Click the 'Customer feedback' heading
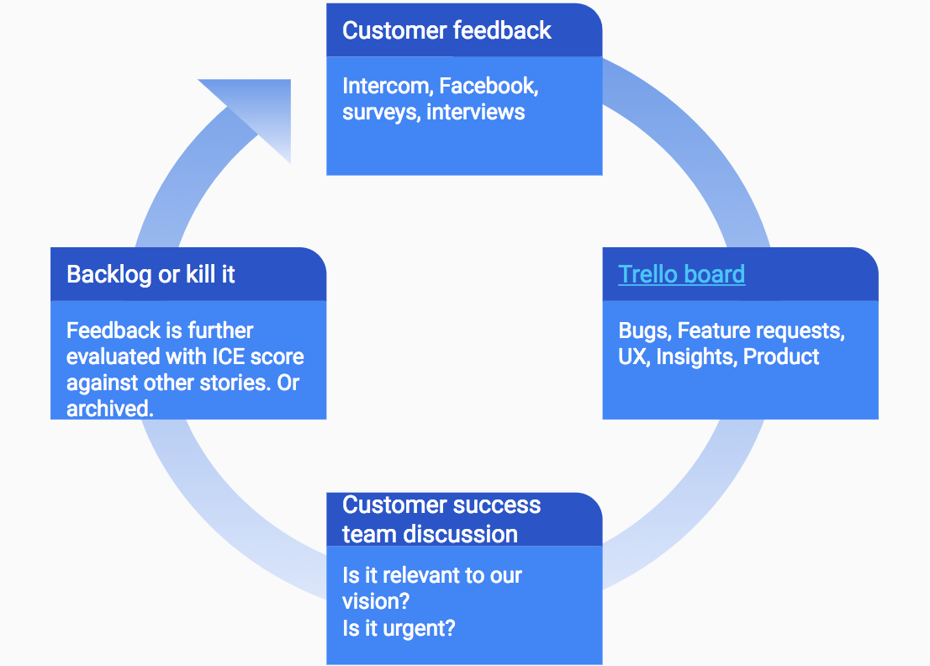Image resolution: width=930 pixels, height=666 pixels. click(447, 31)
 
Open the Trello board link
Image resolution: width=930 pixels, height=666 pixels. click(681, 274)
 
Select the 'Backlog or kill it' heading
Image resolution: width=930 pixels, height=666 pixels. click(151, 274)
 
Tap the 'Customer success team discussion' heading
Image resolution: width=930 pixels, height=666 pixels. click(441, 519)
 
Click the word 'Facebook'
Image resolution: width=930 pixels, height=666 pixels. click(488, 86)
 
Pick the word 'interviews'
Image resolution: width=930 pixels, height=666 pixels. click(476, 113)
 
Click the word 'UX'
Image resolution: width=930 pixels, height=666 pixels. click(632, 357)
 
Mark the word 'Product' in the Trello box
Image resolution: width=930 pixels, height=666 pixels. click(781, 357)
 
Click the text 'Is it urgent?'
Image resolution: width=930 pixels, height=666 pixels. click(399, 628)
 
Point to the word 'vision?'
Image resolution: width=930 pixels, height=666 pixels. click(375, 602)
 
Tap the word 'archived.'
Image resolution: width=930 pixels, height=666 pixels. click(109, 409)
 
